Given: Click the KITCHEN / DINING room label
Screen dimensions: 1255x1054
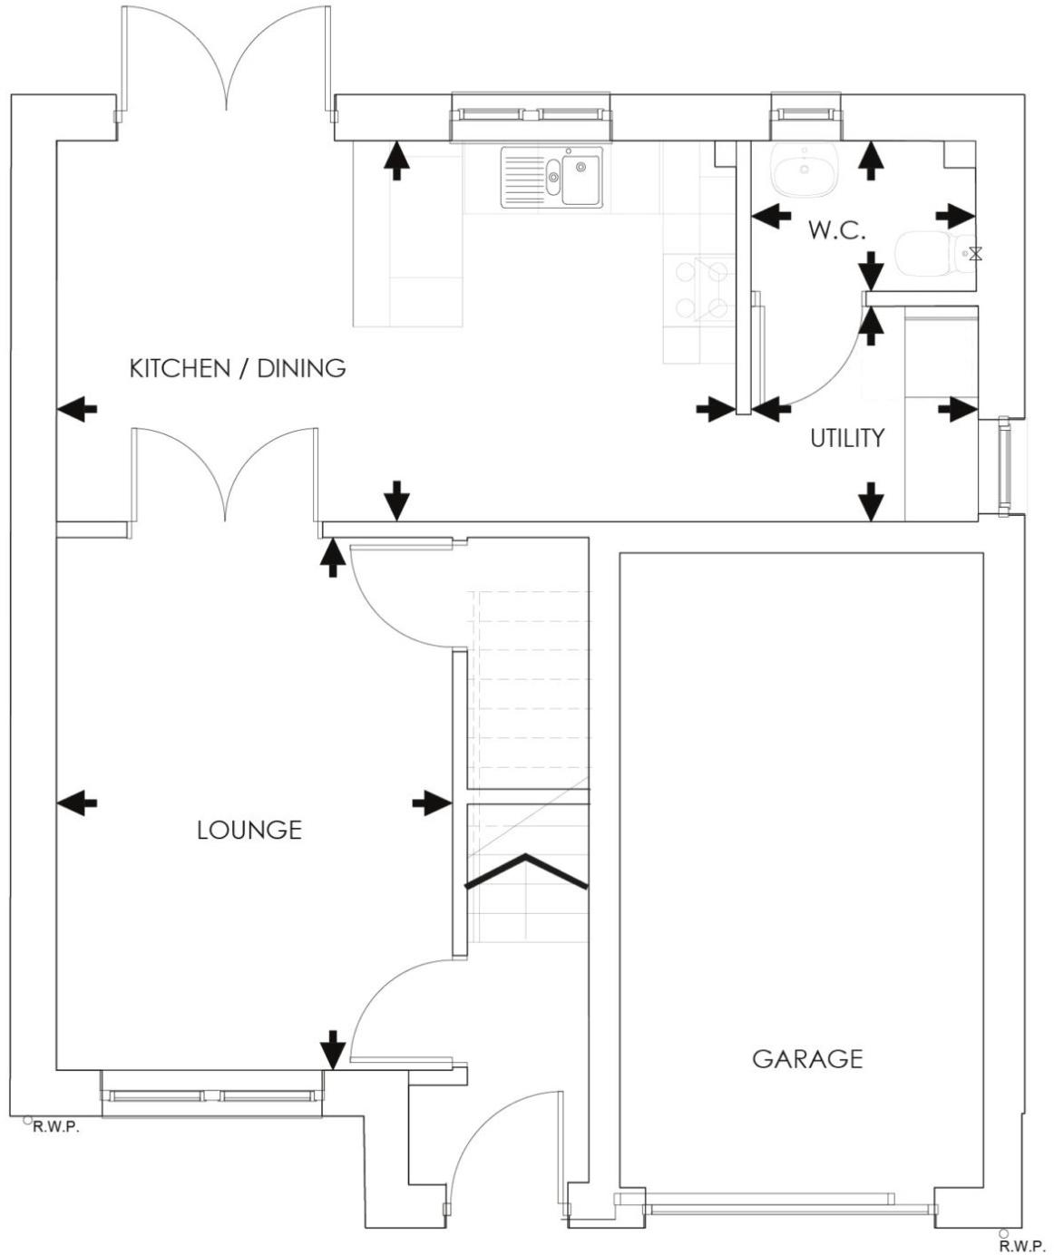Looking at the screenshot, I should point(238,368).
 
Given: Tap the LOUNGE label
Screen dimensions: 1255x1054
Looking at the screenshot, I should point(249,830).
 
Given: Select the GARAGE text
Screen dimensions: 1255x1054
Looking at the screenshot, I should point(807,1058).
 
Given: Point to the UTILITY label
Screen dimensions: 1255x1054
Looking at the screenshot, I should point(846,438).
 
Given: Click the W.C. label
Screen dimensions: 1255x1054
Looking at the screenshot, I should point(836,230).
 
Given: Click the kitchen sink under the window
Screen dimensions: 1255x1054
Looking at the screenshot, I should point(551,178).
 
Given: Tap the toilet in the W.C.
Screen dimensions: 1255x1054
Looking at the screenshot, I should point(925,254).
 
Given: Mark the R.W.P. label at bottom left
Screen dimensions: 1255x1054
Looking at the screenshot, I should point(56,1128).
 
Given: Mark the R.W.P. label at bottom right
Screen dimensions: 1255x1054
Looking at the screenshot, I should point(1016,1247).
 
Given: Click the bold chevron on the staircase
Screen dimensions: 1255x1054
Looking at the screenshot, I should point(526,871).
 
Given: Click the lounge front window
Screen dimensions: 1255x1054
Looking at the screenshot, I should point(212,1095).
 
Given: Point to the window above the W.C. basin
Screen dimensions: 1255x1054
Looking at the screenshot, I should point(805,112).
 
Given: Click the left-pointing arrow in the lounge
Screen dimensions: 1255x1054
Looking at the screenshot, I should point(77,802).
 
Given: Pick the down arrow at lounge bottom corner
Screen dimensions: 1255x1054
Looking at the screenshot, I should point(333,1049).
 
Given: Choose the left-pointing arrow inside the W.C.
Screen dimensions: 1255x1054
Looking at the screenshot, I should point(772,216).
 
